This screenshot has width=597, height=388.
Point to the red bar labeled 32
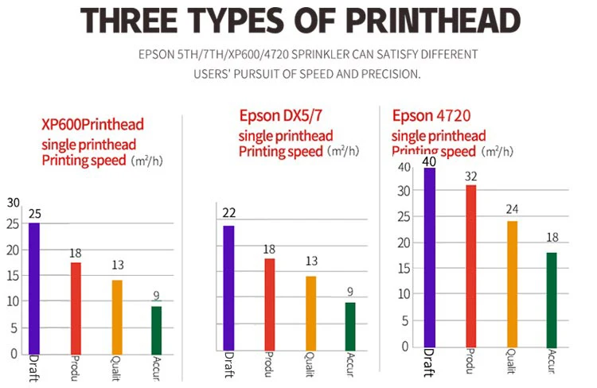pos(471,266)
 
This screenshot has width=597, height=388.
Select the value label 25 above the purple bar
pos(34,214)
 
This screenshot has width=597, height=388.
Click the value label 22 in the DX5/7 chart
pos(228,213)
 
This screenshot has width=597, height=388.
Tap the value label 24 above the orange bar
pos(512,210)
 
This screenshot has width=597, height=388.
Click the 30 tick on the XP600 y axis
pos(14,203)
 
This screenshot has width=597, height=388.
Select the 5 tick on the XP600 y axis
pos(14,327)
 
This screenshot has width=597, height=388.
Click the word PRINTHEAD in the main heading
pos(419,21)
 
